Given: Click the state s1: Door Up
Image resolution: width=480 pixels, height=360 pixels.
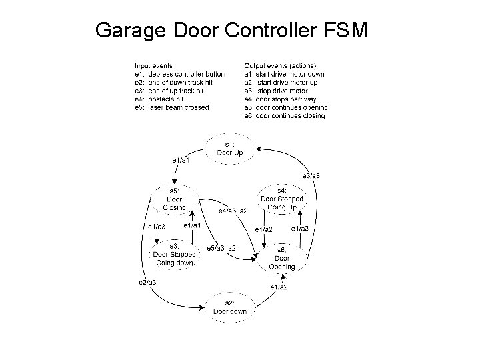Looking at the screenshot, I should point(230,149).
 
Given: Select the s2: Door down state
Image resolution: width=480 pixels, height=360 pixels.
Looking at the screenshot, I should point(230,307).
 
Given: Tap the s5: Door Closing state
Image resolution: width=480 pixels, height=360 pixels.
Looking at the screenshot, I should point(174,199).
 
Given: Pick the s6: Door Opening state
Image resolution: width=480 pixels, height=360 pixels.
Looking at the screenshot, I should point(281,259).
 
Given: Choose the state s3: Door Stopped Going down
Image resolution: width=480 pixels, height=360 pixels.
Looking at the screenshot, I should point(174,254).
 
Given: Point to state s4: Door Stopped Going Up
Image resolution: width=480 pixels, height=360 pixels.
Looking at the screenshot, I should point(281,199).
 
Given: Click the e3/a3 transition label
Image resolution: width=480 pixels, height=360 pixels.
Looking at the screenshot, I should point(311,175).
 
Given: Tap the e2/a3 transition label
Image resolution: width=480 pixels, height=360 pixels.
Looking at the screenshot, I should point(147,282).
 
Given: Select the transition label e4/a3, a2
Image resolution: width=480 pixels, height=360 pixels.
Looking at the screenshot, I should point(233,211).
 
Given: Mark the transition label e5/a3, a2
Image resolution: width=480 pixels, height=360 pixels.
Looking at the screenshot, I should point(221,248).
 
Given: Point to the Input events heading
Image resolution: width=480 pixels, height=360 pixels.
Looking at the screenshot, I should point(154,66).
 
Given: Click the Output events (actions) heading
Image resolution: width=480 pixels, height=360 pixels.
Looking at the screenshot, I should point(280,66).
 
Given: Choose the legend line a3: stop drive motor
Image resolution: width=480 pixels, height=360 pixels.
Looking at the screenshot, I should point(277,91).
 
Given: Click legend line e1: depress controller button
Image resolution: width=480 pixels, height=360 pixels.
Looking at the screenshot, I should point(179,74).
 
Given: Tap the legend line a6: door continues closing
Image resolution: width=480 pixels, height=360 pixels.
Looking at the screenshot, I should point(285,116).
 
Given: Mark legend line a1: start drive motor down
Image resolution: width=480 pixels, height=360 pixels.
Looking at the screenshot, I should point(285,74).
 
